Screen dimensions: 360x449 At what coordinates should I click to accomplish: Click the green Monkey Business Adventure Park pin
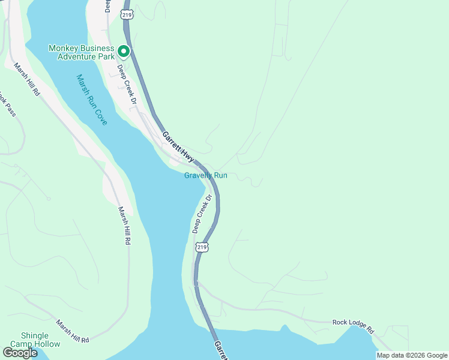[123, 51]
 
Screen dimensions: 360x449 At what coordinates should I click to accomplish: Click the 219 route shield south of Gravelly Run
[202, 247]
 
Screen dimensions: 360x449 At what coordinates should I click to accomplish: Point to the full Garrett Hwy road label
[179, 147]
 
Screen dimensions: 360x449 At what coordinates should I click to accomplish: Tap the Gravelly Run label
[206, 175]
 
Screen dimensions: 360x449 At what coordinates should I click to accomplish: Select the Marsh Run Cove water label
[92, 100]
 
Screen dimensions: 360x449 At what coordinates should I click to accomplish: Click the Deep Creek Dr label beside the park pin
[127, 87]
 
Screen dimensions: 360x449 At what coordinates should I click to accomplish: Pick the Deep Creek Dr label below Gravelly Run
[202, 214]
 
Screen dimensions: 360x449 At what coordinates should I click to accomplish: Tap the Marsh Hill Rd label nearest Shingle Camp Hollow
[73, 331]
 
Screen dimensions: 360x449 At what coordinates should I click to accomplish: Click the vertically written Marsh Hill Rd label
[124, 226]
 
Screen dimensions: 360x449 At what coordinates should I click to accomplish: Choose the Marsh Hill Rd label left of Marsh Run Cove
[26, 80]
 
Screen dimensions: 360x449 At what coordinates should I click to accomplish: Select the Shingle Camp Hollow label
[41, 340]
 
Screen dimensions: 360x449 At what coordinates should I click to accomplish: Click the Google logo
[20, 353]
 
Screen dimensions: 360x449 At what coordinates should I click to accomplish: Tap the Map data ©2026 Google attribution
[411, 355]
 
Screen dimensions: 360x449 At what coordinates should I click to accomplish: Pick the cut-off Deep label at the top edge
[108, 5]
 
